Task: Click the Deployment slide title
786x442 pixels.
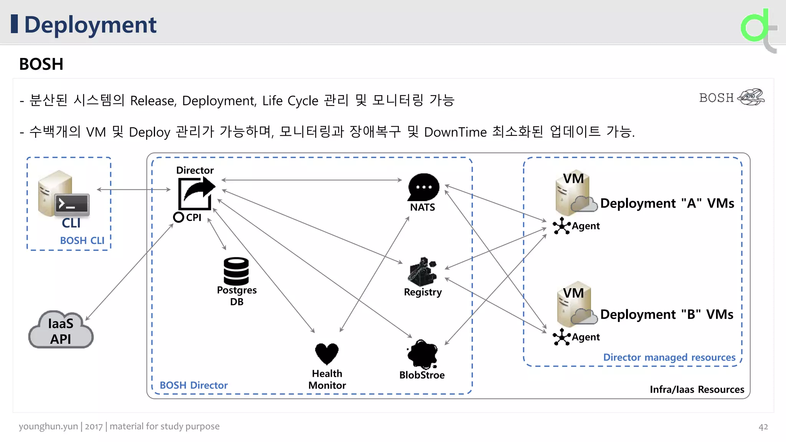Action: coord(90,25)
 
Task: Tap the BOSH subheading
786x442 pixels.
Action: coord(41,64)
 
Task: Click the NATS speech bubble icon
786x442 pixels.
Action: coord(423,187)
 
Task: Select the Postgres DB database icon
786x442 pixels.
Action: coord(236,271)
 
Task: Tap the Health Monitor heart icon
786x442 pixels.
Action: coord(327,353)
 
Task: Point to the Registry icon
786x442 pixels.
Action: coord(422,271)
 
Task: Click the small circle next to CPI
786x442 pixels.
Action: coord(178,217)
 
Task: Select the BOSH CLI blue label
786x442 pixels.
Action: coord(82,241)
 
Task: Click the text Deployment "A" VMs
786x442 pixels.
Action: coord(667,203)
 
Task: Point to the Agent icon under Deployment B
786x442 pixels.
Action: coord(561,337)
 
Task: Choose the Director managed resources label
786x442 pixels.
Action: coord(669,357)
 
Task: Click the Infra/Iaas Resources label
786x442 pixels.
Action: coord(697,389)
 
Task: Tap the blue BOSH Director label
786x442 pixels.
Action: coord(193,385)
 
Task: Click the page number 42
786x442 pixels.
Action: coord(763,427)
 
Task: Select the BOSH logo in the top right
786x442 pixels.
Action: coord(731,97)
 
